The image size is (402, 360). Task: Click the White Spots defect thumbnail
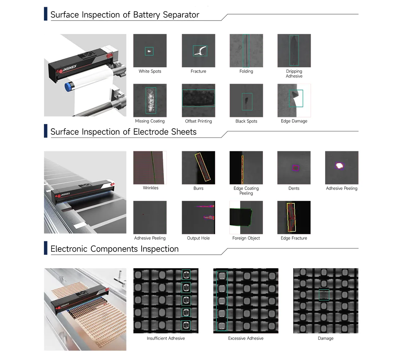tap(150, 51)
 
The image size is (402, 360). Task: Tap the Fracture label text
tap(198, 71)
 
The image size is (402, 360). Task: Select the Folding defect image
tap(247, 51)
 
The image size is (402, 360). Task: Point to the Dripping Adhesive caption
tap(294, 74)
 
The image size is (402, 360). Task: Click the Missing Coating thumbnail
tap(150, 101)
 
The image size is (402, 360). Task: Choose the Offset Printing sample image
tap(198, 101)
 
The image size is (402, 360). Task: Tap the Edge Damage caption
tap(294, 121)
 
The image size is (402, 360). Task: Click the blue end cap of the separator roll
tap(68, 87)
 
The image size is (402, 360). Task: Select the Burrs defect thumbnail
tap(198, 168)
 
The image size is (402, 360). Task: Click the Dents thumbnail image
tap(294, 168)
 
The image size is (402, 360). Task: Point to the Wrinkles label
tap(151, 188)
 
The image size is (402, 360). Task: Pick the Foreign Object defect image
tap(246, 218)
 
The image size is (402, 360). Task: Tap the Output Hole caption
tap(198, 238)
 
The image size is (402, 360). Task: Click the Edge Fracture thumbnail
tap(294, 218)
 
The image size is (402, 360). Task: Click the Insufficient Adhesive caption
tap(166, 338)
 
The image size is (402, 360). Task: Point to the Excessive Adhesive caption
tap(246, 338)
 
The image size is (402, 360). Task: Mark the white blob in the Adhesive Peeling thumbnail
tap(340, 165)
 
